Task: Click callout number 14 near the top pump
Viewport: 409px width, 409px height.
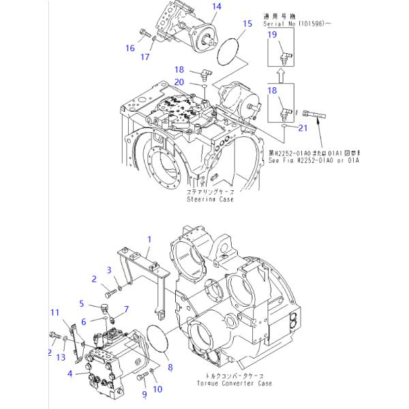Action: click(197, 7)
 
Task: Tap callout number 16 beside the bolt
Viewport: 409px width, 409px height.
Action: click(130, 48)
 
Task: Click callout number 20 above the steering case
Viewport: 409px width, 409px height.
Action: click(179, 82)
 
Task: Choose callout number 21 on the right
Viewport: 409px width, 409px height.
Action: click(303, 127)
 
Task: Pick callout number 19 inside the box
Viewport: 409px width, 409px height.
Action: click(272, 34)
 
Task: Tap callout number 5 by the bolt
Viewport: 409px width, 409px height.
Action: click(81, 304)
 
